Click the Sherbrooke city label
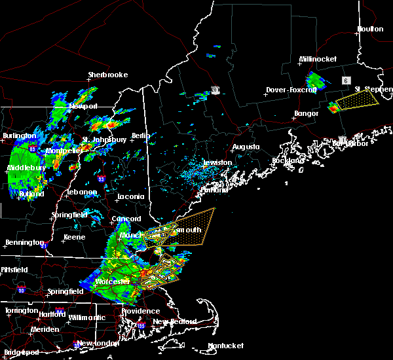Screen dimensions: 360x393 (x=108, y=75)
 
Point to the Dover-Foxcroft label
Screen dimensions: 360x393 (x=291, y=90)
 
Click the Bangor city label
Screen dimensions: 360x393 (x=306, y=113)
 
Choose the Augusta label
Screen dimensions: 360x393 (x=246, y=147)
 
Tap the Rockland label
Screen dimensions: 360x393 (x=288, y=160)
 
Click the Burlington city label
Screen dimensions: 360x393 (x=19, y=136)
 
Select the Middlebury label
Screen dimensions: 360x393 (x=26, y=168)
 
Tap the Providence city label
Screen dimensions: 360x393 (x=140, y=311)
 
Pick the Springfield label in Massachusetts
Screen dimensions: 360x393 (x=65, y=291)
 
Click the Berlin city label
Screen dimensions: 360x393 (x=141, y=135)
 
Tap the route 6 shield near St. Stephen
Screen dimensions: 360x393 (x=345, y=80)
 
